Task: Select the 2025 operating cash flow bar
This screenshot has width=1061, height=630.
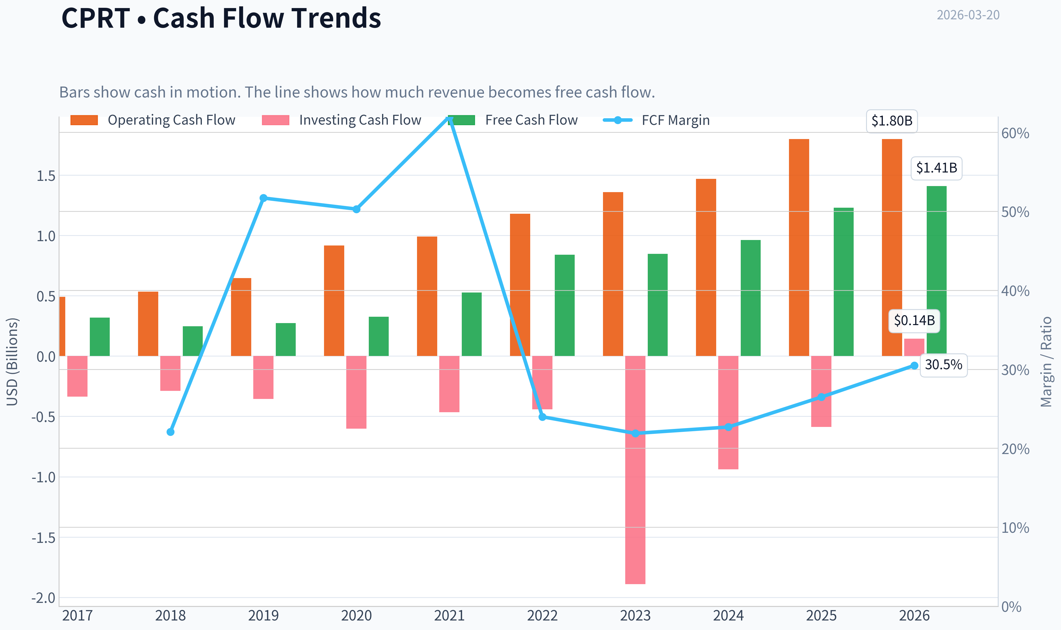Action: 799,247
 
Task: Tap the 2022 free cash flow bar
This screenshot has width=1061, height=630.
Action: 564,305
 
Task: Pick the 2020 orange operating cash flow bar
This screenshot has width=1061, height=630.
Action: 334,301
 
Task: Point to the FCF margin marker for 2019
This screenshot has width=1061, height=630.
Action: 263,198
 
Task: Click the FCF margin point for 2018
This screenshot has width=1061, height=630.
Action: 170,432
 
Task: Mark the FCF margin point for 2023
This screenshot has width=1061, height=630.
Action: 635,433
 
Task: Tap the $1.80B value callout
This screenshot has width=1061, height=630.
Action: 892,121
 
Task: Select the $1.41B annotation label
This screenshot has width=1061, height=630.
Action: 937,168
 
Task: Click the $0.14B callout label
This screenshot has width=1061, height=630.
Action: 914,320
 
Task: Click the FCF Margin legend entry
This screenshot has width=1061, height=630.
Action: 656,120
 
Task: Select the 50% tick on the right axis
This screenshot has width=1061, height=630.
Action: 1015,212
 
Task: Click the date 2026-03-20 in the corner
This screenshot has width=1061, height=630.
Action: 968,15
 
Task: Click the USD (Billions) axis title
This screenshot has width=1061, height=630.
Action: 12,362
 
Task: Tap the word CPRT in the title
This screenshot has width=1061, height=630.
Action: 96,18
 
